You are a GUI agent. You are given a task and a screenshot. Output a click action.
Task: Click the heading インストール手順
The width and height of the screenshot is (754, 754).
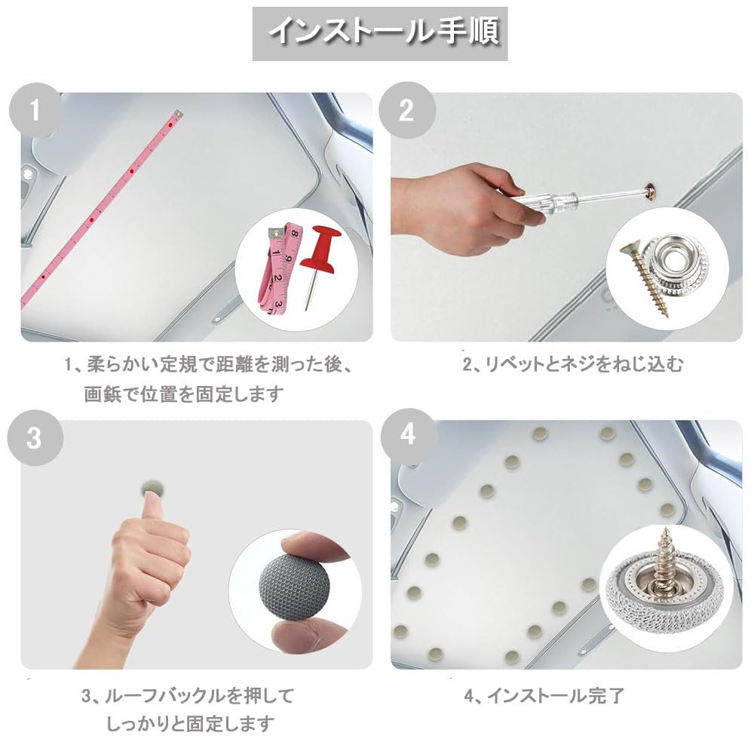[x=379, y=33]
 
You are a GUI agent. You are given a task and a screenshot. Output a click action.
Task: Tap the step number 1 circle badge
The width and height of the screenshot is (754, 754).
[x=34, y=112]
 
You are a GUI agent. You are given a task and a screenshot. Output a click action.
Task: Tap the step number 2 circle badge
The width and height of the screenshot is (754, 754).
[x=407, y=111]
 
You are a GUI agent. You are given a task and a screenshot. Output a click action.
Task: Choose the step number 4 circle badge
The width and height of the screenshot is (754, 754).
[x=407, y=436]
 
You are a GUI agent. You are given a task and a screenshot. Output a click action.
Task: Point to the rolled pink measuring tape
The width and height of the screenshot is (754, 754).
[x=275, y=268]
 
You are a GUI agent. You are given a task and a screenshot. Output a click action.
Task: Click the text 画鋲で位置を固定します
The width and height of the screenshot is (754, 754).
[x=184, y=394]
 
